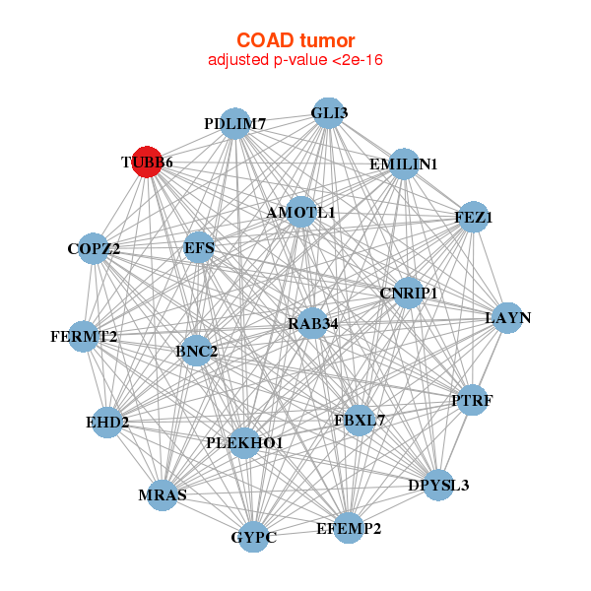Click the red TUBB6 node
(x=147, y=163)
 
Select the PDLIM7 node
(x=234, y=124)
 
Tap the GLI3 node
(x=328, y=113)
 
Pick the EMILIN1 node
(x=404, y=164)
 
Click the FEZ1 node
(x=474, y=218)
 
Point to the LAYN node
(x=507, y=318)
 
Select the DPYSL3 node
(x=439, y=485)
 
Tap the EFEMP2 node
(x=348, y=528)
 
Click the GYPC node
(x=254, y=537)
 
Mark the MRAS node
(x=163, y=494)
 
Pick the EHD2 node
(x=107, y=424)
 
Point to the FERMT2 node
(x=84, y=337)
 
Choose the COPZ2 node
(x=95, y=249)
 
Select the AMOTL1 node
(x=301, y=213)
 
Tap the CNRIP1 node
(x=408, y=293)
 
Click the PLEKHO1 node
(x=244, y=443)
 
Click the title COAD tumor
(x=295, y=40)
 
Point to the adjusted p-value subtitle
(x=295, y=60)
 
